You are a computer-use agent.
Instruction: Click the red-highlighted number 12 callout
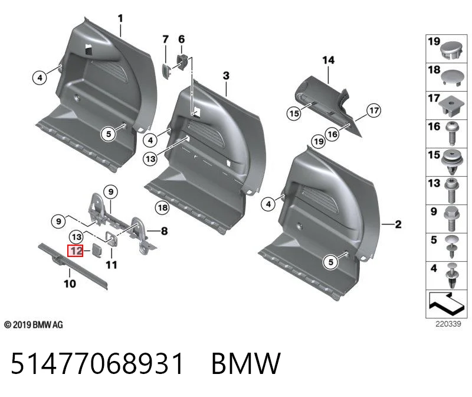(x=75, y=251)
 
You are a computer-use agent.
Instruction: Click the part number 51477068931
(x=97, y=363)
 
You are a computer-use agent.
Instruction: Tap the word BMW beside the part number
(x=246, y=363)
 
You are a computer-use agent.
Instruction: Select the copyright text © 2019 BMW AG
(x=34, y=325)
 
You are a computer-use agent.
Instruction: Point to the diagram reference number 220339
(x=448, y=324)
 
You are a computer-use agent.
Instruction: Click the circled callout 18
(x=163, y=207)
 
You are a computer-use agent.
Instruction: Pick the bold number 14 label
(x=328, y=60)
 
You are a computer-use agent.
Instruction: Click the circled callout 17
(x=373, y=110)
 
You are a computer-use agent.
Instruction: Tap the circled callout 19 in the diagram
(x=319, y=141)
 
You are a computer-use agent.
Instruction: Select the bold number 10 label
(x=70, y=284)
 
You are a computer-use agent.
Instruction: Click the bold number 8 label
(x=165, y=231)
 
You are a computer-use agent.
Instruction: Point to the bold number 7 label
(x=165, y=40)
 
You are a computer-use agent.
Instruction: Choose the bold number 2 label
(x=398, y=224)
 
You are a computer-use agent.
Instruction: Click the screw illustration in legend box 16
(x=451, y=134)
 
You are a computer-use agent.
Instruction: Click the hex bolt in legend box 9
(x=451, y=219)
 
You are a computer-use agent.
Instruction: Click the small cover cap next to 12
(x=97, y=249)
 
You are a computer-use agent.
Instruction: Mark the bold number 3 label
(x=226, y=76)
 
